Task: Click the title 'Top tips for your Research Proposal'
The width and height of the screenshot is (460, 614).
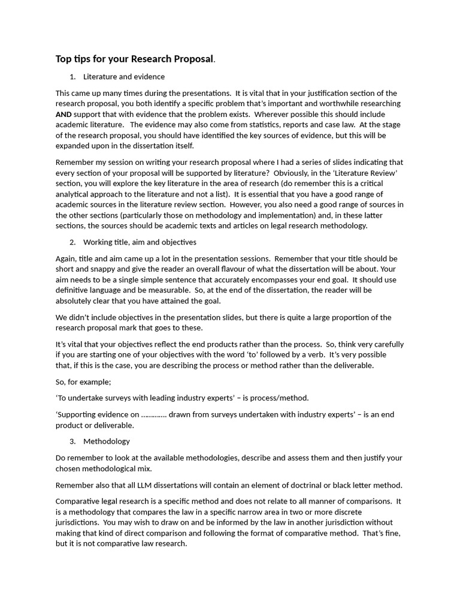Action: [134, 59]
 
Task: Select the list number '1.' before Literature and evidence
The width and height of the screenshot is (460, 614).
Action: [72, 77]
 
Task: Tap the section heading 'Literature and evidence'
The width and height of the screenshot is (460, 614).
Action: [124, 77]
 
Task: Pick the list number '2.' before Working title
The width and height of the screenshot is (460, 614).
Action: [72, 242]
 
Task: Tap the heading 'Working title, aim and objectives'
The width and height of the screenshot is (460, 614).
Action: [140, 242]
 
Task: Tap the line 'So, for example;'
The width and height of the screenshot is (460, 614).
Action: [83, 381]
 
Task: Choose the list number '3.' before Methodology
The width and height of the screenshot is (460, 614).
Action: [72, 441]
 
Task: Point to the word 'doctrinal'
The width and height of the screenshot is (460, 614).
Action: [297, 484]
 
